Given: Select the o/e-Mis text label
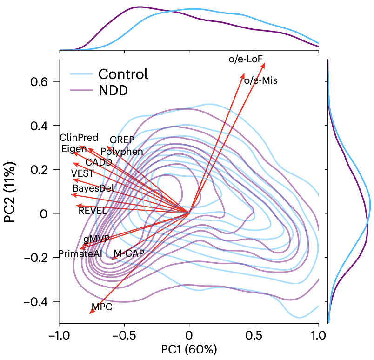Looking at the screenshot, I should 260,80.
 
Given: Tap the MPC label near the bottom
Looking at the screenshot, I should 102,307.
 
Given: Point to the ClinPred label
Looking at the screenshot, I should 79,138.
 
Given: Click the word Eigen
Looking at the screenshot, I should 74,149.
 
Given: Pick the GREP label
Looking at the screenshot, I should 121,140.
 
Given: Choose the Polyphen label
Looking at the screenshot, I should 122,152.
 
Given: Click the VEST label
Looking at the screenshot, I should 82,173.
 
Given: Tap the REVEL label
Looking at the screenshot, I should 93,210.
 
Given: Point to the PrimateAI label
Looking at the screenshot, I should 80,253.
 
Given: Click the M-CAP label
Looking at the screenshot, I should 129,253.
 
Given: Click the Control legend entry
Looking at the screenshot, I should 123,74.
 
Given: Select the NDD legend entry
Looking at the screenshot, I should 113,90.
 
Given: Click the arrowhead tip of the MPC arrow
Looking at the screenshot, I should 90,313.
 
